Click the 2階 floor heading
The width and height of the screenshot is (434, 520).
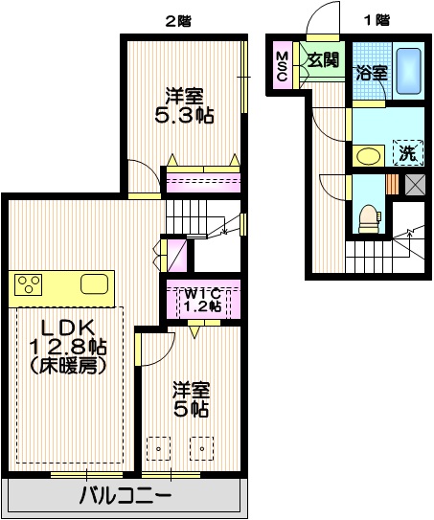click(177, 19)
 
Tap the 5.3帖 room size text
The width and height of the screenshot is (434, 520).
click(184, 115)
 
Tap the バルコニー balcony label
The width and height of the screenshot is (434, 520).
click(125, 497)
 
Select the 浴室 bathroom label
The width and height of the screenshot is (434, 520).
click(371, 72)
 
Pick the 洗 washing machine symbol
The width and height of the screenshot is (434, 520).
click(406, 151)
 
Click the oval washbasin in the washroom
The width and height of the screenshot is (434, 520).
click(368, 155)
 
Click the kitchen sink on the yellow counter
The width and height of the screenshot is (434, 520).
click(95, 283)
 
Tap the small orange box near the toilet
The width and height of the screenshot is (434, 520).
click(393, 183)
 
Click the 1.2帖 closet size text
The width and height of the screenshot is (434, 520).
click(202, 306)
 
